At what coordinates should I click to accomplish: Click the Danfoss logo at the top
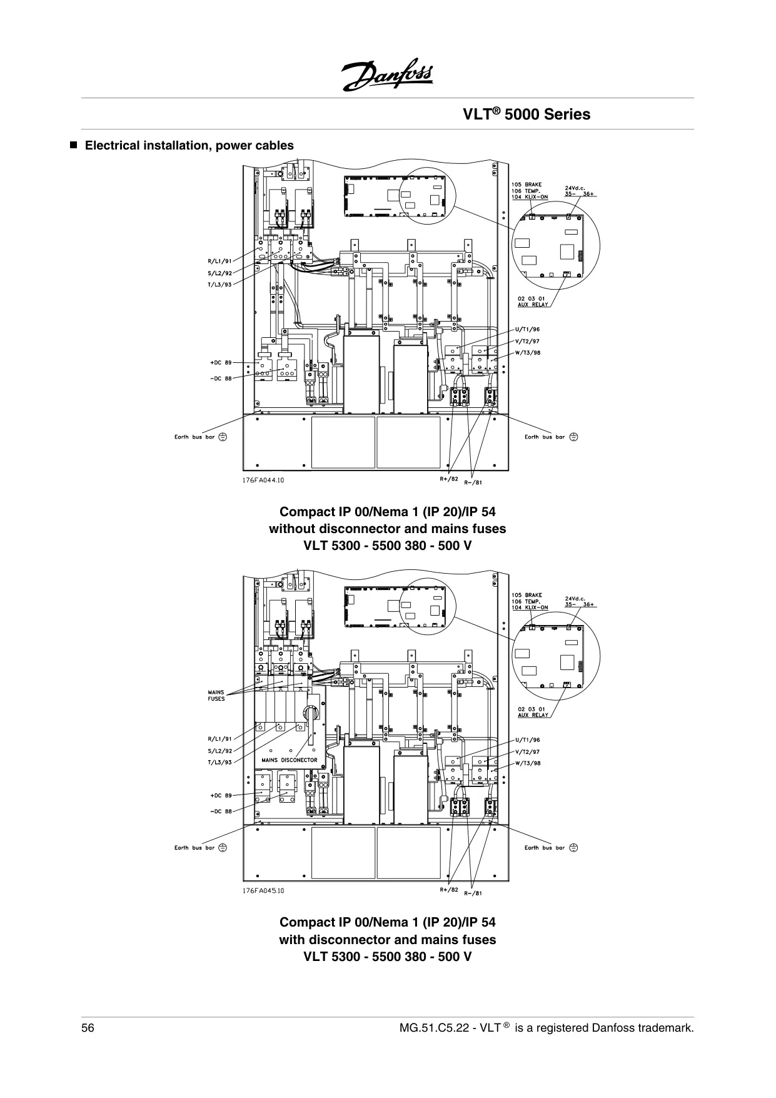point(387,78)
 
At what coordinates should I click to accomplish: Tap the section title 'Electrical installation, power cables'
point(189,145)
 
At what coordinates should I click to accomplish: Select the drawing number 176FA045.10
point(263,891)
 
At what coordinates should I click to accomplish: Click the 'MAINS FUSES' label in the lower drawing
point(216,695)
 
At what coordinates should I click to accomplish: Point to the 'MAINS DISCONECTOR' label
point(290,760)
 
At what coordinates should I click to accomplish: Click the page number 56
point(88,1028)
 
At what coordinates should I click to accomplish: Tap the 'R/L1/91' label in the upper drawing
point(219,261)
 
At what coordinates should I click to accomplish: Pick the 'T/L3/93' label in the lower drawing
point(219,763)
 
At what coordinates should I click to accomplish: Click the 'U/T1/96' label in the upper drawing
point(528,329)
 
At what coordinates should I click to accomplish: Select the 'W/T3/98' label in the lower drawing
point(528,763)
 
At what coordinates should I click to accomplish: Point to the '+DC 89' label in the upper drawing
point(221,362)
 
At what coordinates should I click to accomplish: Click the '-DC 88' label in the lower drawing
point(221,811)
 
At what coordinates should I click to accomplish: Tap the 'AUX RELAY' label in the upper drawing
point(533,305)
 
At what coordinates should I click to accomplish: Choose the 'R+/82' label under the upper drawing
point(449,479)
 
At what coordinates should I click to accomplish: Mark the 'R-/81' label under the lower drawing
point(473,893)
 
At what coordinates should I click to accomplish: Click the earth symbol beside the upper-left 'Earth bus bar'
point(223,437)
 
